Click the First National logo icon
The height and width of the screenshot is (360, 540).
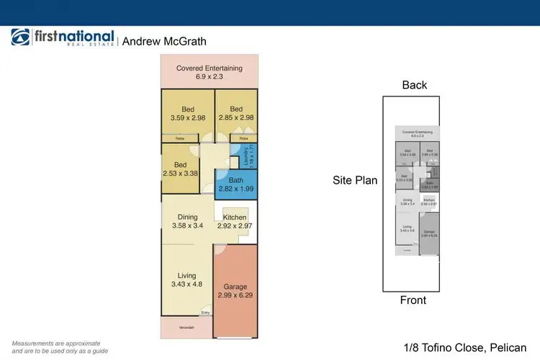[21, 38]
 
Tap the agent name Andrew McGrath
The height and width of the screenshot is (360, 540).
[164, 41]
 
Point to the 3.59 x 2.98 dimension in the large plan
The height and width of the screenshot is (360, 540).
[188, 118]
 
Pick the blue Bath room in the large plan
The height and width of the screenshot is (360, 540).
[235, 185]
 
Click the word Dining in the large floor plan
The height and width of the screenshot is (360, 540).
[187, 216]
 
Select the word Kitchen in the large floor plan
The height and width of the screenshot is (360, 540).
[235, 217]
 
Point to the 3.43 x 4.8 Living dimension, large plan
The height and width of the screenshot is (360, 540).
[187, 284]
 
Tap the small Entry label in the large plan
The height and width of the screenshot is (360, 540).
[206, 312]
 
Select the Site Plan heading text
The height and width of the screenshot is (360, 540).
[355, 181]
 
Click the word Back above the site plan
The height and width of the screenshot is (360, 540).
[415, 85]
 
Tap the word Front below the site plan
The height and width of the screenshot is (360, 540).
[413, 300]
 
